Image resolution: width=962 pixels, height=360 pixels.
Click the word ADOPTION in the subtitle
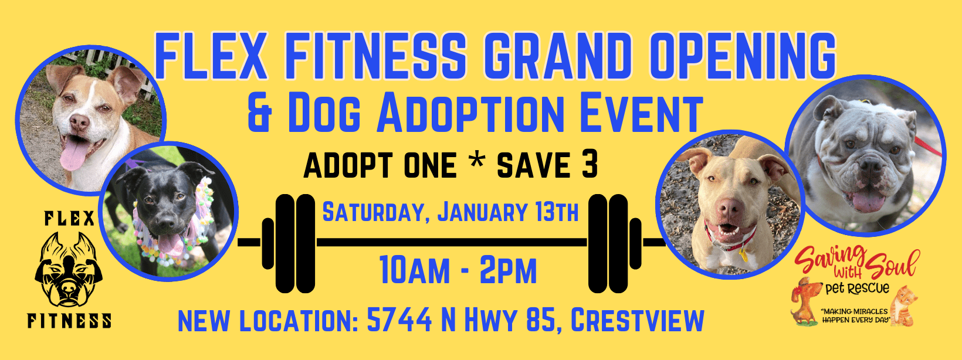470,113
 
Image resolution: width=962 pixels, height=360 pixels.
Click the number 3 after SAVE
589,165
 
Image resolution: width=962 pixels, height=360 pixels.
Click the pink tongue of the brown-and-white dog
74,154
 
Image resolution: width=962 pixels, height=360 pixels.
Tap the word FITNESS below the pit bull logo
69,321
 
